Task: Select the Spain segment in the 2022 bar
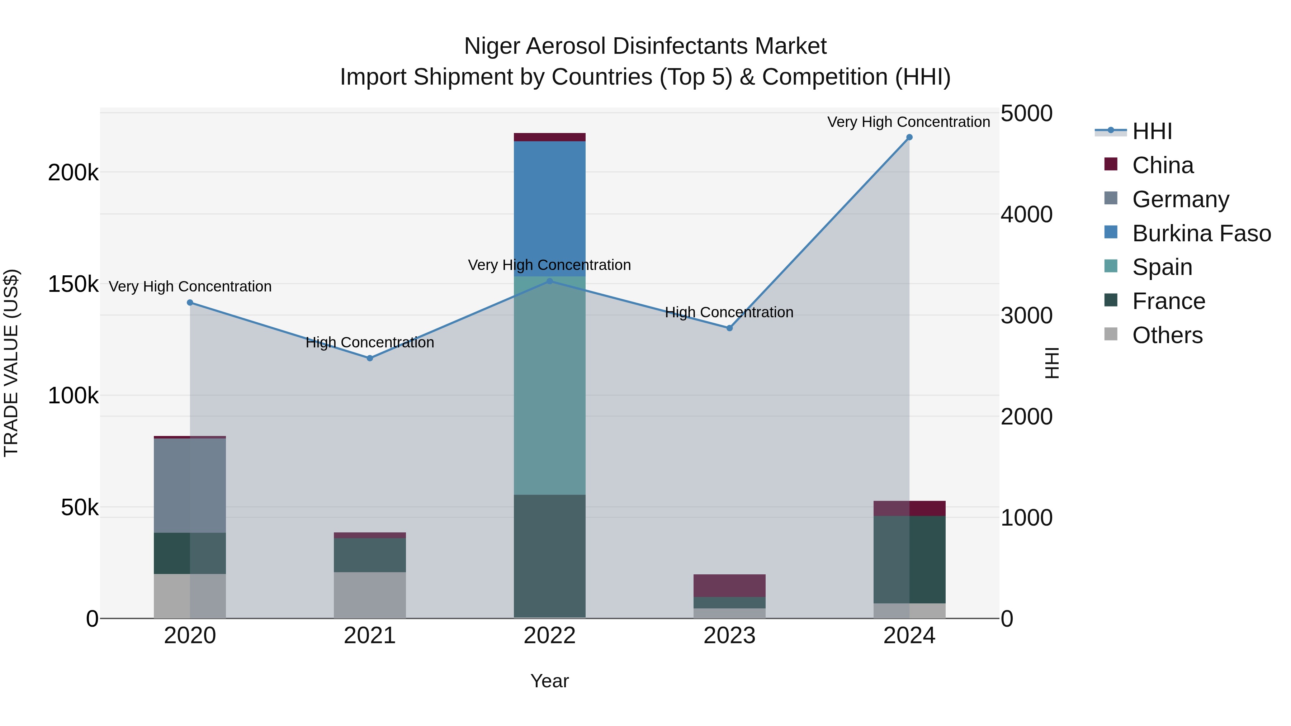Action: (549, 385)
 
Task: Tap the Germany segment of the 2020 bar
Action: (190, 485)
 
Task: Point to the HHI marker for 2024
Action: (909, 137)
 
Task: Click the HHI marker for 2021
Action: (370, 358)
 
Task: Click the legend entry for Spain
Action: (1162, 267)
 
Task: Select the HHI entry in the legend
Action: (1152, 131)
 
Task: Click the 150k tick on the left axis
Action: (73, 285)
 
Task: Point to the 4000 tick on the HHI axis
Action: (1026, 214)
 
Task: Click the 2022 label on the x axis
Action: (549, 636)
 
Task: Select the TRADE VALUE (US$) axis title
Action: (11, 363)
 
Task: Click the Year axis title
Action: (549, 681)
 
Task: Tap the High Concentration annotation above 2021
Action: (370, 343)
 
